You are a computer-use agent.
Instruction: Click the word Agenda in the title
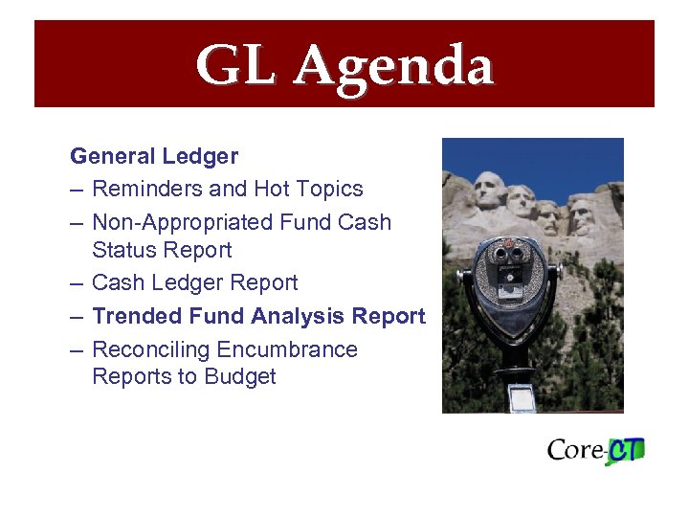coord(393,66)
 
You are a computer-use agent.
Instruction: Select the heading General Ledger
coord(154,155)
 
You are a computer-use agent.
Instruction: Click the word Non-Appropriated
coord(182,222)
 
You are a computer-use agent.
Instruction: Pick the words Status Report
coord(162,250)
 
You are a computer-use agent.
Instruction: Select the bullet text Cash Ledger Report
coord(194,282)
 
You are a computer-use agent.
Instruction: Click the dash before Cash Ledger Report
coord(77,283)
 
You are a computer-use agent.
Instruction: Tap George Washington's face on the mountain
coord(489,190)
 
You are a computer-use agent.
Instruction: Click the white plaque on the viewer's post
coord(522,397)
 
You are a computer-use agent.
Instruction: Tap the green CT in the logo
coord(625,450)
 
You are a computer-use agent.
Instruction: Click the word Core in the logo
coord(574,450)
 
